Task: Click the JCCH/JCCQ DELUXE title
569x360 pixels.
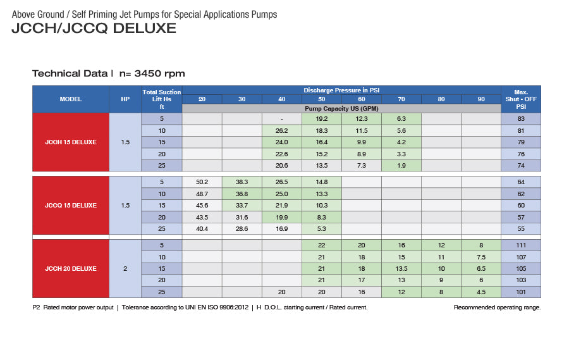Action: coord(94,28)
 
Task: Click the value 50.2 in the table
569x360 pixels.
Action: coord(202,182)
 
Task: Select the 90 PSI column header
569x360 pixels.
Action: coord(480,99)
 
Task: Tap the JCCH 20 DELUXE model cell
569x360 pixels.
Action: coord(71,268)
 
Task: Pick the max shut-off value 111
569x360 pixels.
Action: coord(521,245)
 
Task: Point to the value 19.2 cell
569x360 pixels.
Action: coord(321,118)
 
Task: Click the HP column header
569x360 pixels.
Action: coord(125,99)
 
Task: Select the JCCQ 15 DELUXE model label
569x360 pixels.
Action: coord(71,205)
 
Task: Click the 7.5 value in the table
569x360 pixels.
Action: coord(480,257)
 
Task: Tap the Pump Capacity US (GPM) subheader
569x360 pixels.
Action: coord(341,109)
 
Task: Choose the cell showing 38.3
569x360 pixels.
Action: coord(242,182)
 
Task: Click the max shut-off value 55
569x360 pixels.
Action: coord(521,228)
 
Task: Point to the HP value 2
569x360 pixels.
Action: coord(125,268)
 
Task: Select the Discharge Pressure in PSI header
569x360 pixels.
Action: coord(341,90)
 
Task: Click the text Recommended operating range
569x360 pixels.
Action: coord(497,307)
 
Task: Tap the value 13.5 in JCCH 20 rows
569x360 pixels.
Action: coord(401,268)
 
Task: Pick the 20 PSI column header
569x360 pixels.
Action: coord(202,99)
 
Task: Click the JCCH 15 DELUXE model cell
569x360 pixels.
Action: coord(71,142)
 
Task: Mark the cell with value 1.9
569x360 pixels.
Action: coord(401,165)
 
